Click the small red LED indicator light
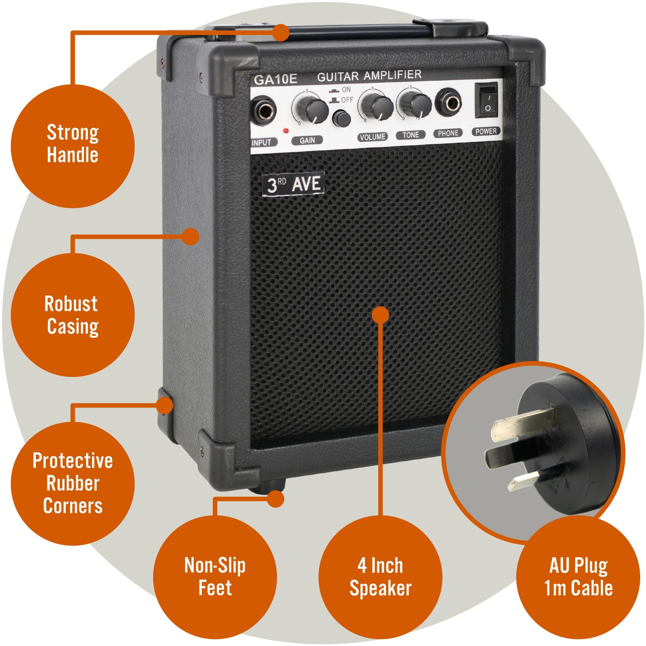click(286, 131)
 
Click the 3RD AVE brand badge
click(293, 184)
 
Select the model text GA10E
click(275, 79)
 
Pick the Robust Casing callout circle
click(73, 315)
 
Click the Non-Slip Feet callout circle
click(215, 577)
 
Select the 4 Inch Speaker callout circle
click(380, 577)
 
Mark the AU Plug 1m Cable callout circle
click(578, 577)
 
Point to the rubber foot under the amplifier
click(267, 485)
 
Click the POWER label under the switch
click(486, 131)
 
